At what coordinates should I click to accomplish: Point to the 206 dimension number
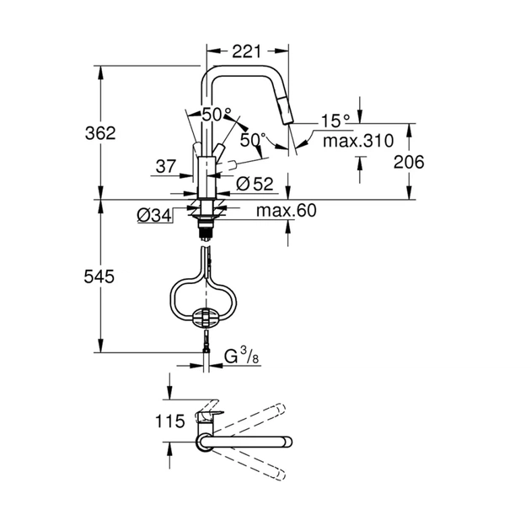click(x=408, y=161)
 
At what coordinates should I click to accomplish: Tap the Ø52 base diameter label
click(x=255, y=184)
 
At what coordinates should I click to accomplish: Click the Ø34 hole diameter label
click(x=154, y=216)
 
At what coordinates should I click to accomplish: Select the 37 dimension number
click(x=166, y=167)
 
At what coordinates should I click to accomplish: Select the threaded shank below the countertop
click(x=206, y=221)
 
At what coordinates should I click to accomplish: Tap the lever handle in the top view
click(x=207, y=415)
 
